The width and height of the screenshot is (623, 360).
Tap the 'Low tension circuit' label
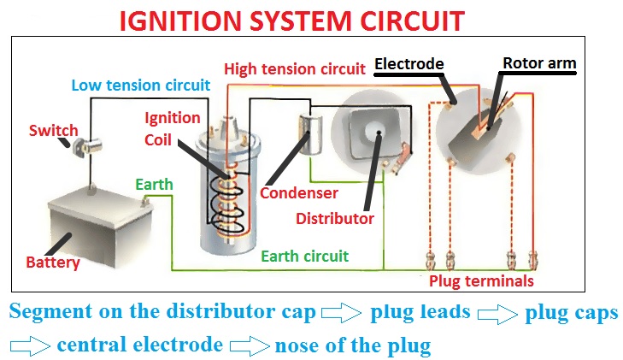point(140,86)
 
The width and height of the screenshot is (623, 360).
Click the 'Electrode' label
point(410,63)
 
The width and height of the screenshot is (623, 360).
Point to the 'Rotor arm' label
point(538,63)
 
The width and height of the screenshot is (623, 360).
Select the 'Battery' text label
point(53,263)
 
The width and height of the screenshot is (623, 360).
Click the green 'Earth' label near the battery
point(154,184)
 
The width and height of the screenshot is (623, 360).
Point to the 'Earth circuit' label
point(304,256)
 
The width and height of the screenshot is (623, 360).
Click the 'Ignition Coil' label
point(173,127)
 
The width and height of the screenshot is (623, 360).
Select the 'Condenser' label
point(299,194)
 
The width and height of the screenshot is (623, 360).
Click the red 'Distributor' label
point(335,218)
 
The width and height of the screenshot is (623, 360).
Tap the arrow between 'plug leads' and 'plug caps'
point(497,314)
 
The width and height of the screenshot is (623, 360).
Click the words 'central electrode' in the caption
point(139,345)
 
